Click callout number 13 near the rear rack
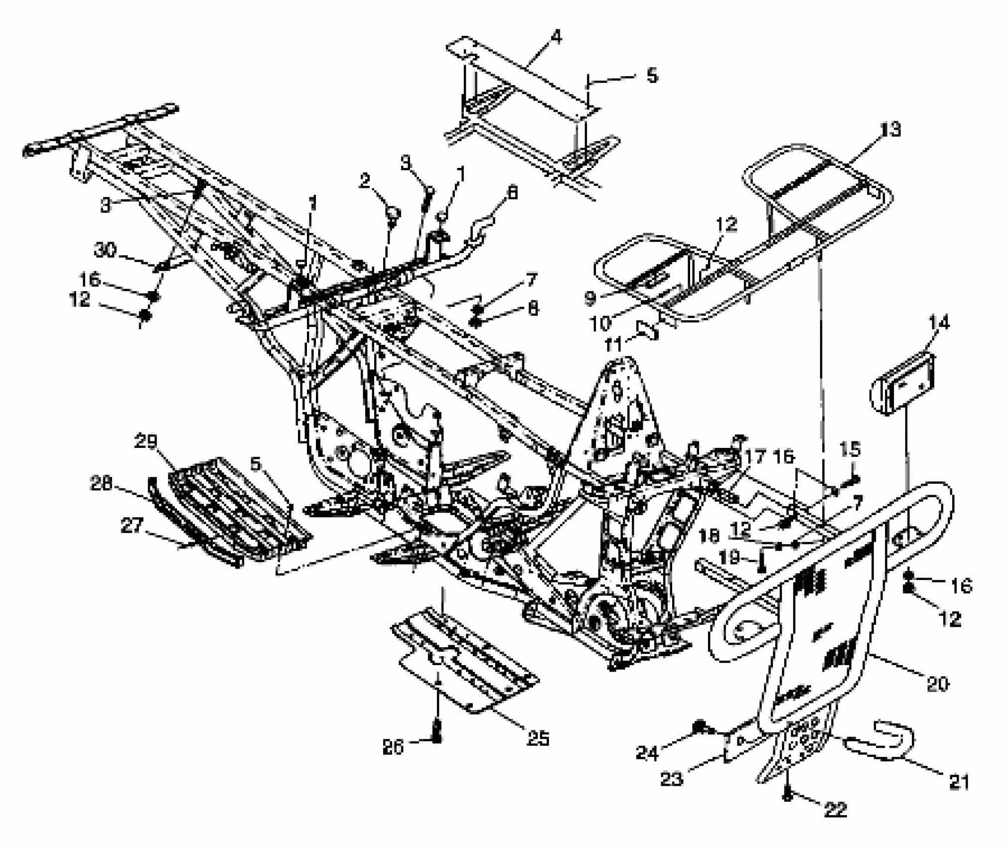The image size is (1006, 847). tap(889, 131)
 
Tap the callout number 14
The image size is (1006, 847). tap(939, 323)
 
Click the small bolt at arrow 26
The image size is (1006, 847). tap(437, 736)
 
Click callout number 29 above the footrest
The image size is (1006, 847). tap(145, 442)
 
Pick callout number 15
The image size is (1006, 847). tap(850, 449)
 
